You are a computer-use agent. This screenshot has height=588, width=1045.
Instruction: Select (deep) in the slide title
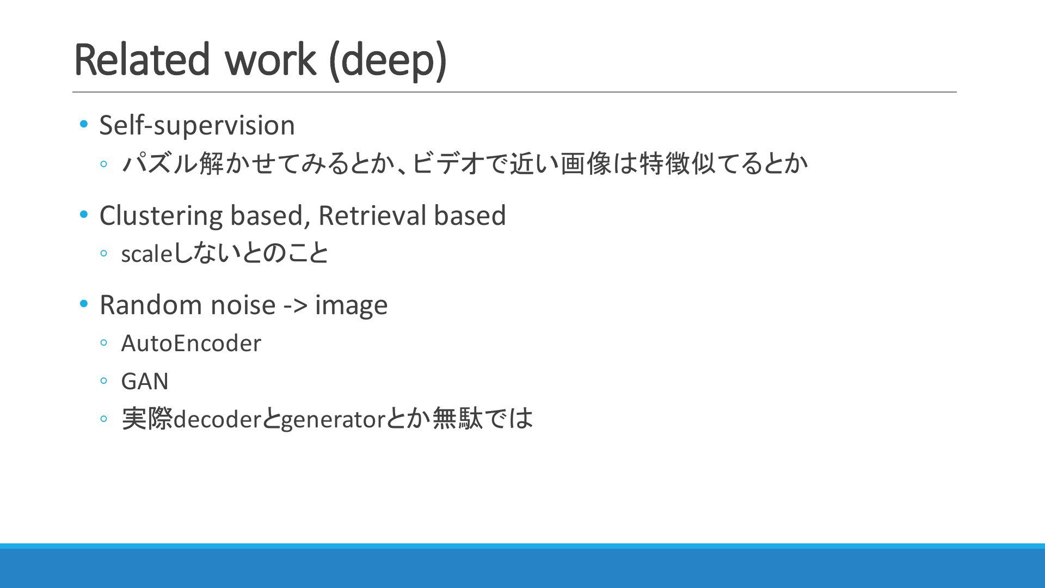click(389, 61)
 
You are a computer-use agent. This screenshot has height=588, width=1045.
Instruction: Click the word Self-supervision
click(197, 126)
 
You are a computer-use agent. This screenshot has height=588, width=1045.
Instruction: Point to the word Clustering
click(161, 216)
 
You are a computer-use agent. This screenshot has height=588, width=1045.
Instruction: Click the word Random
click(150, 305)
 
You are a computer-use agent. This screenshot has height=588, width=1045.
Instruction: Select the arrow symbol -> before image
click(296, 306)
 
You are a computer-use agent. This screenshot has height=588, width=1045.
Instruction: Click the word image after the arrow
click(352, 306)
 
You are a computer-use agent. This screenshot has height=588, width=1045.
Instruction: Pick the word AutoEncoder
click(191, 344)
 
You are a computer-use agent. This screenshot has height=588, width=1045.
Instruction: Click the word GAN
click(145, 381)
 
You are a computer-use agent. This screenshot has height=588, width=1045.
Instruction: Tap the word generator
click(334, 420)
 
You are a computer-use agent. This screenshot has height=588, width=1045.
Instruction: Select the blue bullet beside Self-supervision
click(84, 125)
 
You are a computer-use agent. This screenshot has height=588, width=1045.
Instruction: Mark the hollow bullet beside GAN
click(104, 381)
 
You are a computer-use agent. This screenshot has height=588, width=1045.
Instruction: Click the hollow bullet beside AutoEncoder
click(104, 344)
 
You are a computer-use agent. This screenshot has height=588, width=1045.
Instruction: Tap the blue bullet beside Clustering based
click(84, 215)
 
